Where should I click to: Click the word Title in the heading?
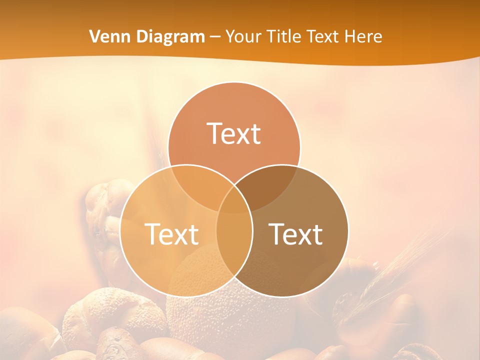pos(285,36)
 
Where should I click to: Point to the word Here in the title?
pos(364,36)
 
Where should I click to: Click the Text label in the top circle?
pos(234,133)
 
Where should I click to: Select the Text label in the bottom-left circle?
pos(171,234)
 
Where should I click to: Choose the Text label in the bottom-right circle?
pos(296,234)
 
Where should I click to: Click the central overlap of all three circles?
pos(234,202)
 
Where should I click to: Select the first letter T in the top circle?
pos(214,133)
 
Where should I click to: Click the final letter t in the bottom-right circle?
pos(317,234)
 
